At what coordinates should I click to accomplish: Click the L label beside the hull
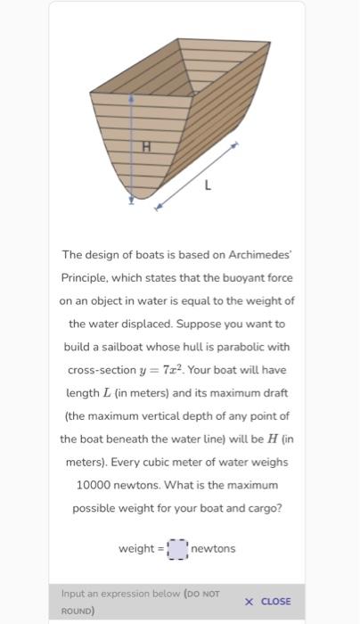208,186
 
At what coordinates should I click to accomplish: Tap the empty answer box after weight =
177,548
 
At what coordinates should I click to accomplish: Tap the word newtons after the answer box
214,548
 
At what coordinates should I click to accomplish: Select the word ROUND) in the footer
79,612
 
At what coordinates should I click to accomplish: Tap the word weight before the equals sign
137,548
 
